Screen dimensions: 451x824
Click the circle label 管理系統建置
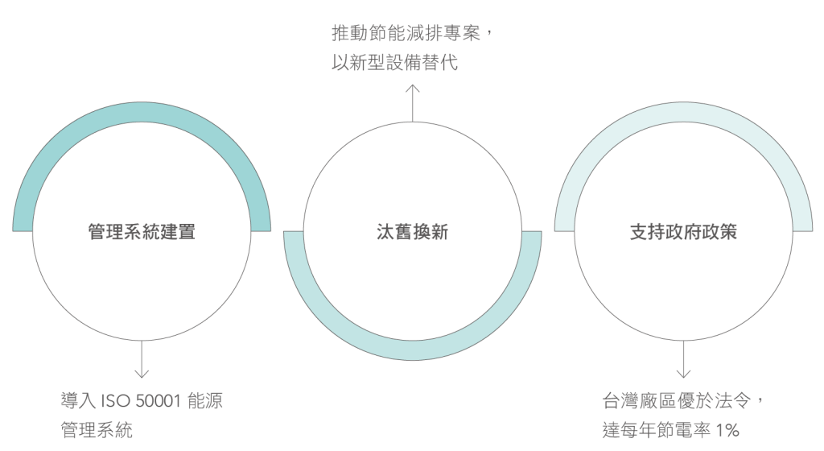(142, 234)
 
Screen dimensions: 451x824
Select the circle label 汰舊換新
(412, 234)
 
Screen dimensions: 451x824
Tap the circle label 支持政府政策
(683, 234)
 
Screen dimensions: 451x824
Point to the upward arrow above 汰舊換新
(413, 101)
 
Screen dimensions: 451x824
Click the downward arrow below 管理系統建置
(142, 359)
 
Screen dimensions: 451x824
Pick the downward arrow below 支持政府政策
(683, 359)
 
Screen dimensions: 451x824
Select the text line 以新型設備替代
(394, 63)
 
